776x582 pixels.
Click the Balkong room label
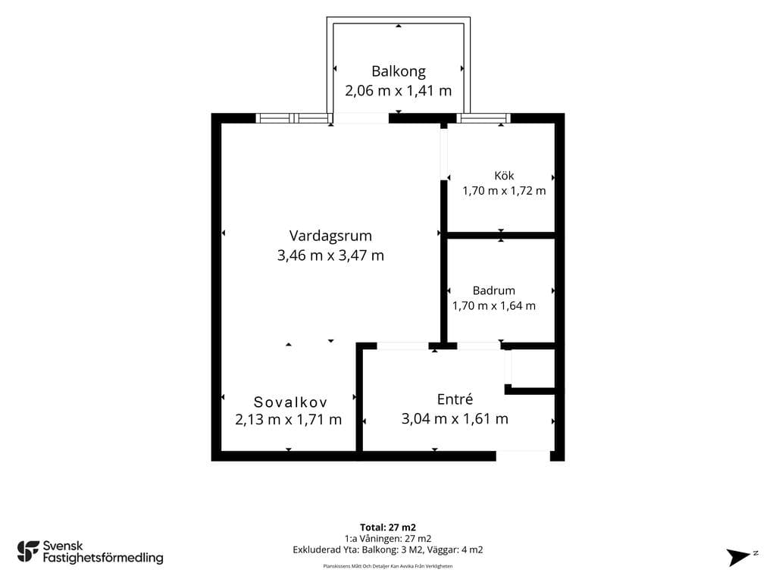point(399,72)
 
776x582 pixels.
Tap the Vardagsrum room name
point(330,236)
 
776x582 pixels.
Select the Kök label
point(504,176)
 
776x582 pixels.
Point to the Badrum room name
point(493,290)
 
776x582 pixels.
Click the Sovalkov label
point(290,402)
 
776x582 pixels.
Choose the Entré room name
point(455,399)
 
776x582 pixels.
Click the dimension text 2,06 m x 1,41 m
point(399,91)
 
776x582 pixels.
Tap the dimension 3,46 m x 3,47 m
point(330,255)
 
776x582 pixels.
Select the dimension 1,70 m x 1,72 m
point(504,190)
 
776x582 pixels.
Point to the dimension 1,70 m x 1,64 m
point(493,306)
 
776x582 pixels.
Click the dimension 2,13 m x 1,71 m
point(289,420)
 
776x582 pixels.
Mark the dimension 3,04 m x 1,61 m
point(455,418)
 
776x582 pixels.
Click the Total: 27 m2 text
point(388,527)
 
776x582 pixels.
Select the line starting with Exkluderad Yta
point(388,550)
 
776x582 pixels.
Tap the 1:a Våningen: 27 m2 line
point(388,539)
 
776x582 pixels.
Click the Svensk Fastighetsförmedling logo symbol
point(28,552)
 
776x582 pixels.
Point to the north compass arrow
point(738,557)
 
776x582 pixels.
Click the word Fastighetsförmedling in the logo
point(103,558)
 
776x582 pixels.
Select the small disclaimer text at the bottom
point(388,566)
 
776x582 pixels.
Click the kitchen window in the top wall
point(483,118)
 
